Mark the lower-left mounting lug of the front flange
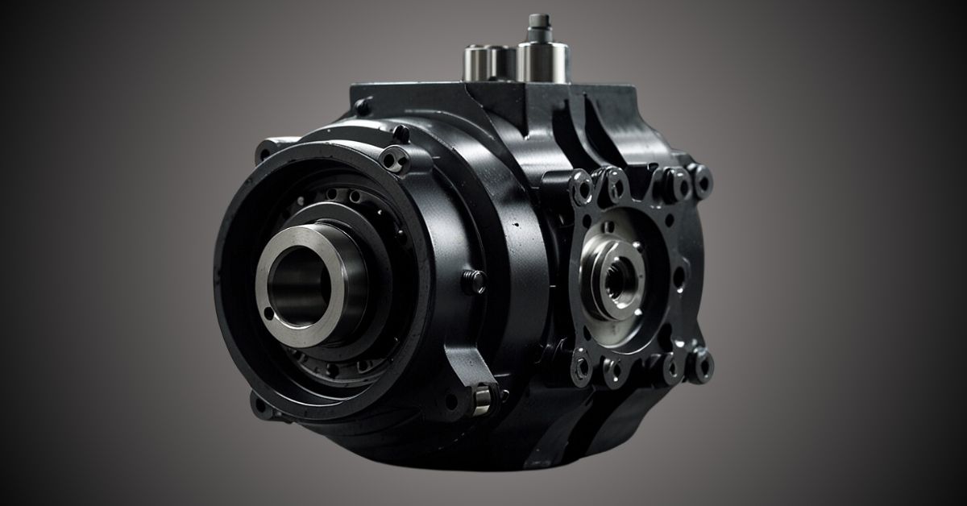[x=259, y=403]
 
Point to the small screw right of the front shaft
[x=474, y=280]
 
